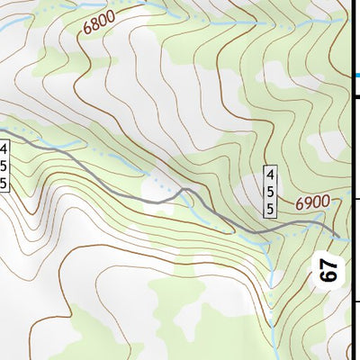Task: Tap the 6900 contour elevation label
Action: [311, 203]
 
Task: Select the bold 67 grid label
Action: [329, 269]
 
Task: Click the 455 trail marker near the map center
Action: [269, 191]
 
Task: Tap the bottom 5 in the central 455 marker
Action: [269, 208]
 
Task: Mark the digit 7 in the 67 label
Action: [329, 263]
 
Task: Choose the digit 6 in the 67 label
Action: [329, 275]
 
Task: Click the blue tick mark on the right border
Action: [354, 77]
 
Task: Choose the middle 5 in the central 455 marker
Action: [269, 191]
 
